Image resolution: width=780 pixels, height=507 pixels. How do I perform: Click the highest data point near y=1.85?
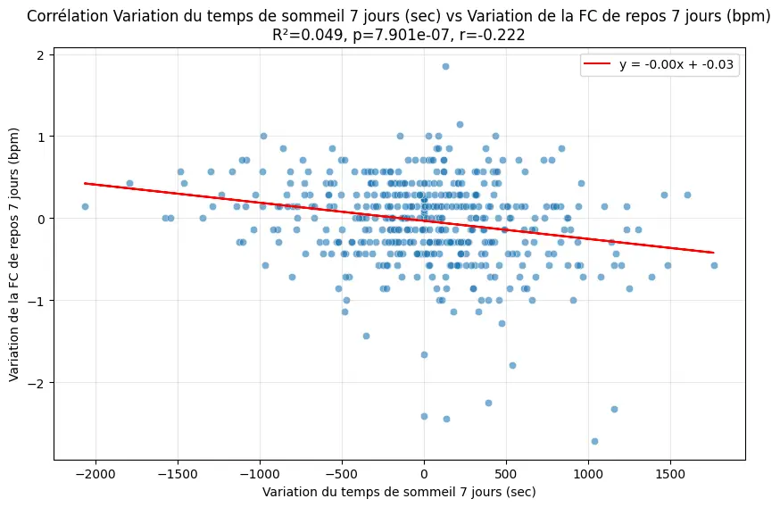(x=445, y=66)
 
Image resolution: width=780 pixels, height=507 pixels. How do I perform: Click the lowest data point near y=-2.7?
(x=594, y=441)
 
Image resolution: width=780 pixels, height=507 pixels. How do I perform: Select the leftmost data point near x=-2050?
(x=85, y=206)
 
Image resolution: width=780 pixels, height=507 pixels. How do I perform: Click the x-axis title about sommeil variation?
(x=398, y=492)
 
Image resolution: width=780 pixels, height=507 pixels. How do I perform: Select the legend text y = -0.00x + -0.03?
(x=678, y=65)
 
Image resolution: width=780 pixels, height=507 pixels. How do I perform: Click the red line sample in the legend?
(x=597, y=65)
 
